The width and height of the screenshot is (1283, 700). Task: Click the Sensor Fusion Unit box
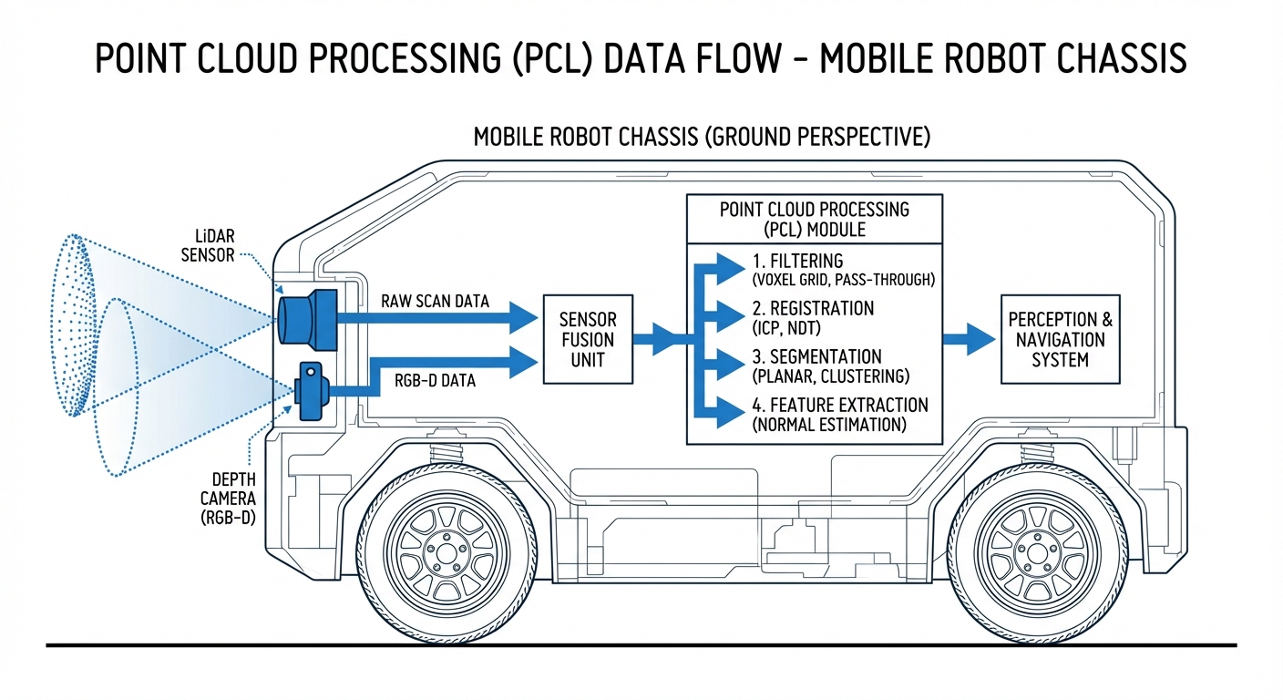(x=587, y=339)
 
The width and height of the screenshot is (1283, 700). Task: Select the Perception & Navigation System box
(x=1060, y=339)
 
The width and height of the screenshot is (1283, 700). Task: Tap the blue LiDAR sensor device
(x=307, y=316)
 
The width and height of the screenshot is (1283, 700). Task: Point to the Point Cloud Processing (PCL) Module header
(x=814, y=219)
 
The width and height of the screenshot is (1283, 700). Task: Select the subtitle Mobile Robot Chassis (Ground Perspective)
(x=702, y=138)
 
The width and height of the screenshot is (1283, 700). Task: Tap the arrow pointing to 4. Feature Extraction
(x=725, y=412)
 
